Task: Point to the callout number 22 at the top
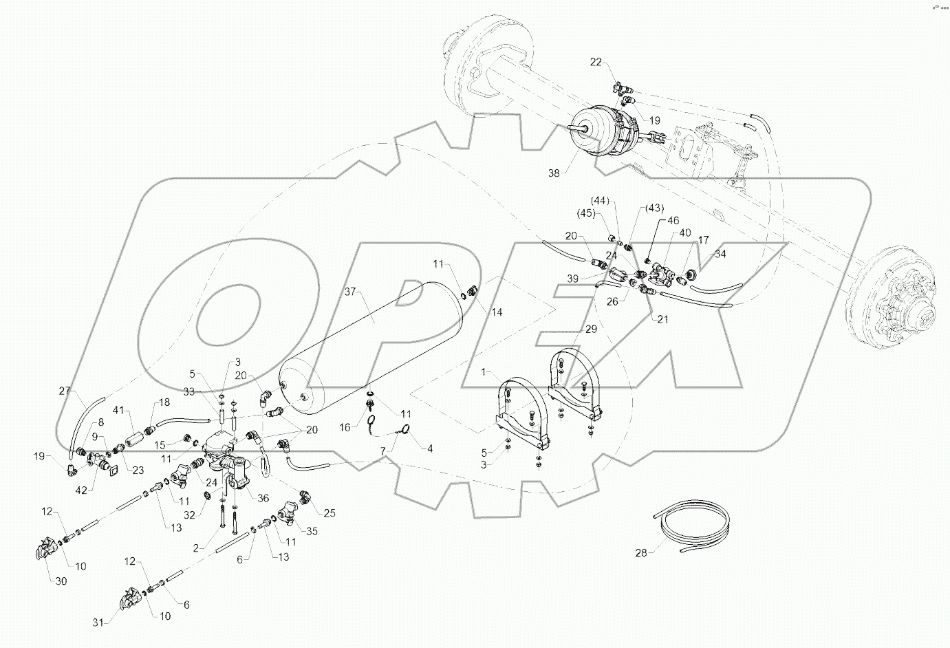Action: [x=596, y=62]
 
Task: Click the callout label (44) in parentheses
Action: [x=601, y=201]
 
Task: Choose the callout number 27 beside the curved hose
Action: [x=65, y=391]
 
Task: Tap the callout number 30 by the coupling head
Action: [x=61, y=581]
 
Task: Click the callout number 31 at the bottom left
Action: [x=100, y=623]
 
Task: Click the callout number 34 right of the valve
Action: [x=720, y=254]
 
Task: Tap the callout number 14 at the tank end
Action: [x=497, y=312]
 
